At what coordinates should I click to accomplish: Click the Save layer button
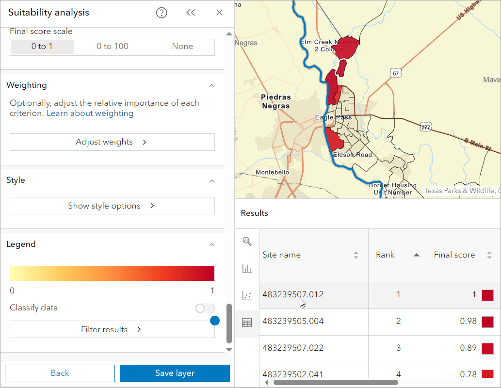175,373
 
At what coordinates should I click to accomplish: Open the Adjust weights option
112,142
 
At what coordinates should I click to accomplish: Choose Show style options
112,206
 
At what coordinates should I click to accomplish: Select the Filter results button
112,329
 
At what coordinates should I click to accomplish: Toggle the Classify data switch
205,308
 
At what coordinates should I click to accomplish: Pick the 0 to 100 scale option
113,47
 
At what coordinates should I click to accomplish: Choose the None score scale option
182,47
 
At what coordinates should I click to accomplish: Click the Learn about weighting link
90,113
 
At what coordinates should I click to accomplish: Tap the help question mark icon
162,13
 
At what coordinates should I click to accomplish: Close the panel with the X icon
219,13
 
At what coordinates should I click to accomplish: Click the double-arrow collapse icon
191,13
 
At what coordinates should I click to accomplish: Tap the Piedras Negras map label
275,101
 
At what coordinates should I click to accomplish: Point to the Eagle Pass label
334,117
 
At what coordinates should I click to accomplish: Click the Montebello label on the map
272,172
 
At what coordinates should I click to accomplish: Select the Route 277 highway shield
426,126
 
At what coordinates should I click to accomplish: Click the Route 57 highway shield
396,73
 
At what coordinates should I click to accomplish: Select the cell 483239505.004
293,321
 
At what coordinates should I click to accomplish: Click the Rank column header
385,255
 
